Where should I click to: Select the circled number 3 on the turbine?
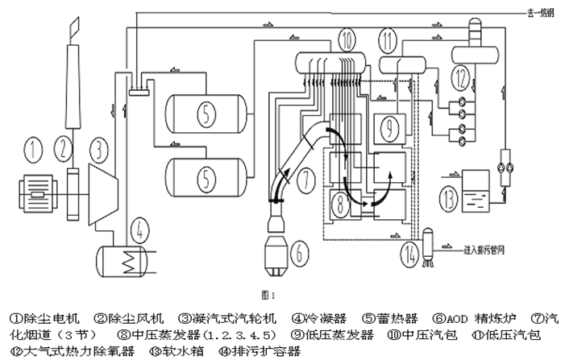98,149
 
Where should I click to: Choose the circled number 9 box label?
388,126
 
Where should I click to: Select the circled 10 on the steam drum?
346,39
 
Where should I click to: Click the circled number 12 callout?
459,78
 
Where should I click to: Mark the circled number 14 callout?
412,253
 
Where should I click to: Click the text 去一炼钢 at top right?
537,12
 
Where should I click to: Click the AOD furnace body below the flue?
281,243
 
